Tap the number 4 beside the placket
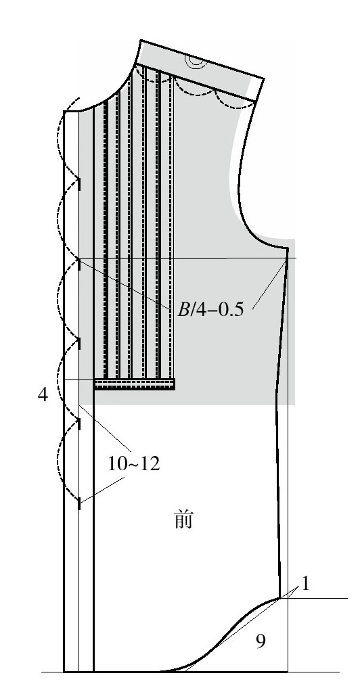coord(43,394)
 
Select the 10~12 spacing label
coord(134,463)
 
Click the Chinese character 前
coord(183,520)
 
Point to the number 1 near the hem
coord(306,584)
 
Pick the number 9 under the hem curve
coord(261,641)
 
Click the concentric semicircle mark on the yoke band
coord(196,62)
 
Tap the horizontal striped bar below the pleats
coord(135,384)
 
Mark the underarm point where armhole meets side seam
coord(287,248)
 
